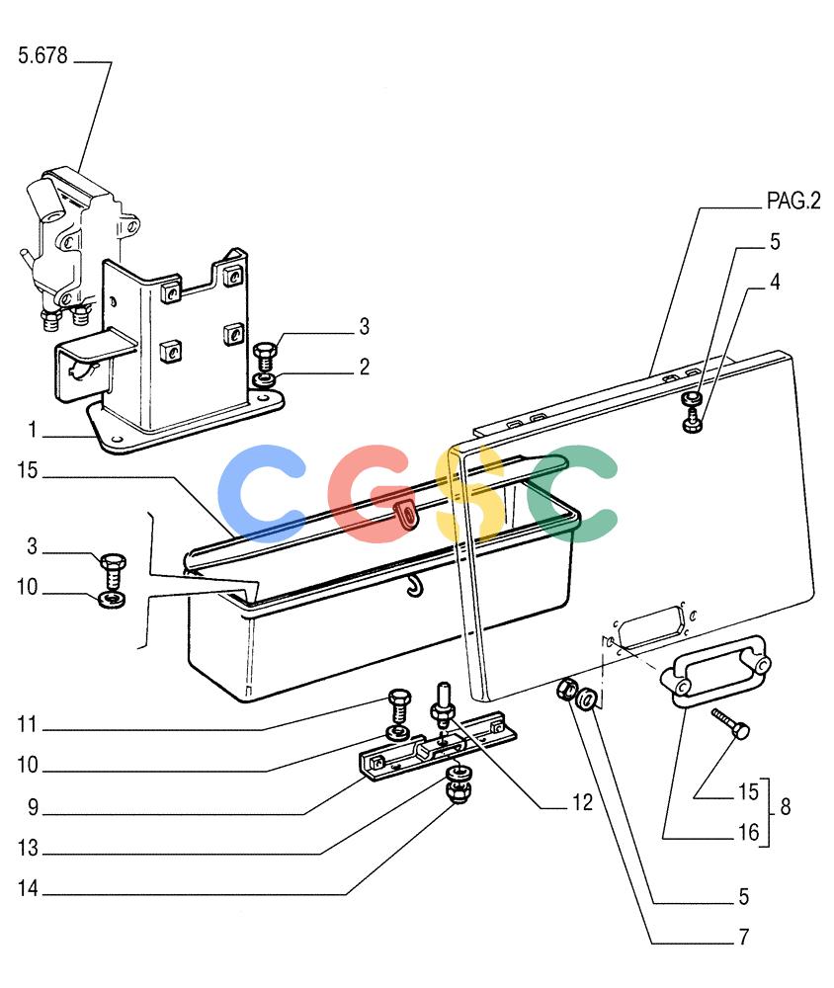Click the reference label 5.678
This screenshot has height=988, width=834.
click(x=42, y=55)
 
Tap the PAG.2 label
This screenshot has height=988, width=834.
click(x=793, y=201)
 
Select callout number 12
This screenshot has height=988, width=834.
click(x=582, y=802)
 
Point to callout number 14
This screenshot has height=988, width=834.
click(x=28, y=888)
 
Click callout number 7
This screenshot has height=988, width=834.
click(x=744, y=937)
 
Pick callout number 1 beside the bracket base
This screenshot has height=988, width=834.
click(x=33, y=430)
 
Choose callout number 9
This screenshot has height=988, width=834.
click(x=33, y=807)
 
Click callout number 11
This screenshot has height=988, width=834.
click(x=28, y=724)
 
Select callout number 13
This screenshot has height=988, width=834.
click(x=28, y=848)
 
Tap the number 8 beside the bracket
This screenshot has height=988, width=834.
click(x=785, y=806)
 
